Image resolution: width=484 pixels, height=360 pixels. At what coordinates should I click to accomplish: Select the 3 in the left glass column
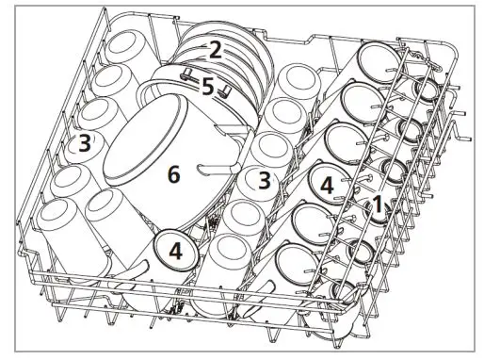85,144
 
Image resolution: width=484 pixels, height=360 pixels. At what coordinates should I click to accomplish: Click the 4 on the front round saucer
175,251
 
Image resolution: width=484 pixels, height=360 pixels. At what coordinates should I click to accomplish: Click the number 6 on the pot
172,174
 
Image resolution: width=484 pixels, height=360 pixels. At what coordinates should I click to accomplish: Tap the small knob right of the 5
227,91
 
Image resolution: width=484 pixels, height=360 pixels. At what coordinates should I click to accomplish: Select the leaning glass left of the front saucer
113,226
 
